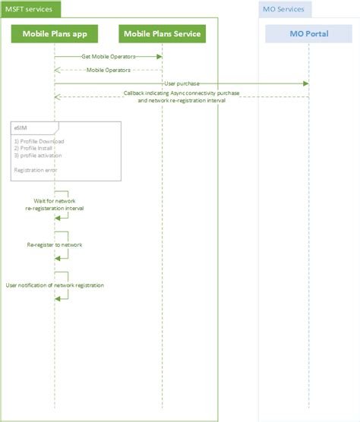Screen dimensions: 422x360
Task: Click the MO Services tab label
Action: (x=284, y=10)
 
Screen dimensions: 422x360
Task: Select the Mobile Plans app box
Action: (x=55, y=34)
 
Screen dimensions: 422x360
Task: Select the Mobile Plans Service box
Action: (x=163, y=34)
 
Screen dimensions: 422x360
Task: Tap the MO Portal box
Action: (x=309, y=34)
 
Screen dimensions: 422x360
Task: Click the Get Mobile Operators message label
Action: (x=107, y=57)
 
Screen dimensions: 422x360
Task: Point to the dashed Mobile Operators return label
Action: (x=107, y=70)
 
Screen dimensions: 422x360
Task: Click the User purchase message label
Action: (x=182, y=83)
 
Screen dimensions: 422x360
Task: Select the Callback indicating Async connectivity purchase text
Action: (x=182, y=93)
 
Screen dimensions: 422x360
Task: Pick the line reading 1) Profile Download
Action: (x=39, y=142)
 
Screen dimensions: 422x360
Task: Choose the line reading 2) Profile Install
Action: (x=36, y=149)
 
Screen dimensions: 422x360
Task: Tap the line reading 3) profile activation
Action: (x=38, y=156)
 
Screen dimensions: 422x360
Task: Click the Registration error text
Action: (x=35, y=170)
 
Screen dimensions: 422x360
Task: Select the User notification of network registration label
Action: (x=55, y=285)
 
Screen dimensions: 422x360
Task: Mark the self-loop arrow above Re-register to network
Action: (x=63, y=237)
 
